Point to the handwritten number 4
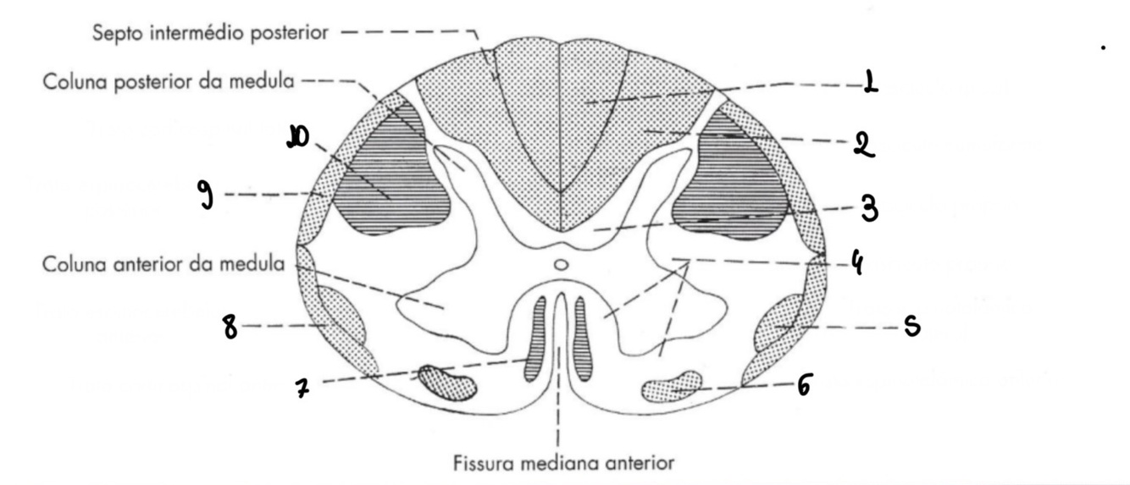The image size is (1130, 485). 857,264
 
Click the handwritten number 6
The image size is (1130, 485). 804,386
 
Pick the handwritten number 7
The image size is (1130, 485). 301,389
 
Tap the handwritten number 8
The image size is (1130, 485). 230,326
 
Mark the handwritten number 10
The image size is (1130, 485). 296,136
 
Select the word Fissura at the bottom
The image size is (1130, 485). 479,463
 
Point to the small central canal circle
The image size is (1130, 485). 559,265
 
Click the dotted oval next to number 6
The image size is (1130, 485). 673,386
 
